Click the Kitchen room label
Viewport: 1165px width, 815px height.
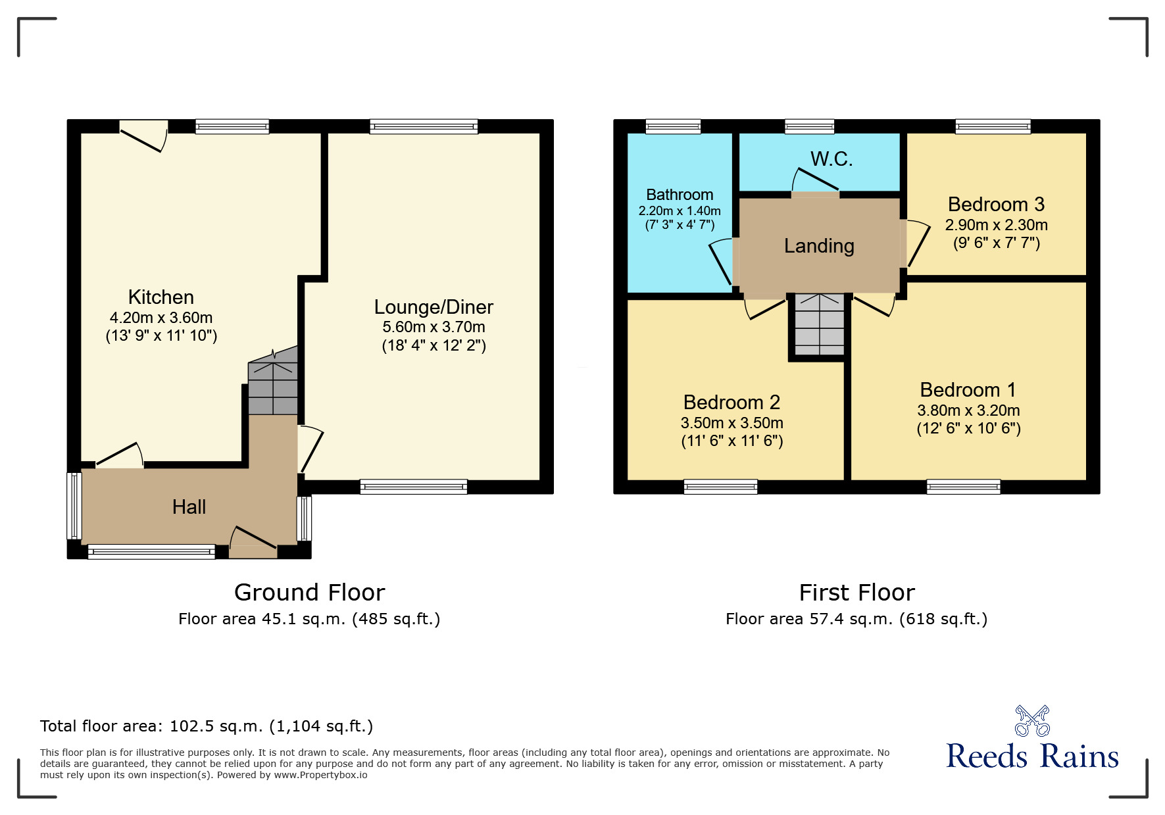tap(161, 297)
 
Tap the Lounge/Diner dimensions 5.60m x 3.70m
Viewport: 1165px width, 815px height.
tap(434, 327)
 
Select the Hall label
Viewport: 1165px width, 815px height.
tap(189, 507)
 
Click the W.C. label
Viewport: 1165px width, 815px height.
tap(831, 159)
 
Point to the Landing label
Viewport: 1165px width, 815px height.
tap(819, 246)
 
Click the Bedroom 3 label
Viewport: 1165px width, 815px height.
tap(996, 205)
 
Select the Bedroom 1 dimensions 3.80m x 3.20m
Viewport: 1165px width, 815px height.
tap(968, 410)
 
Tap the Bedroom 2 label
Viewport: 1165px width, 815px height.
tap(731, 403)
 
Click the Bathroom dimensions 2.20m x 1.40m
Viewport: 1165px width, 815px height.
tap(680, 211)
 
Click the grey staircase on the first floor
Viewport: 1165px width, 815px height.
tap(819, 324)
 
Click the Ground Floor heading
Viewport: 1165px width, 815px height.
tap(309, 593)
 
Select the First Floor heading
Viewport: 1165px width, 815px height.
tap(856, 593)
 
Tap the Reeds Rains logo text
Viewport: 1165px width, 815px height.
tap(1031, 756)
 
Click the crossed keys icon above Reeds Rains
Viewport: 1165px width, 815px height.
tap(1032, 720)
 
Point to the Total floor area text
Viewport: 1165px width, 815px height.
tap(207, 726)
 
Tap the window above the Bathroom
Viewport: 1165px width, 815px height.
tap(673, 126)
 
